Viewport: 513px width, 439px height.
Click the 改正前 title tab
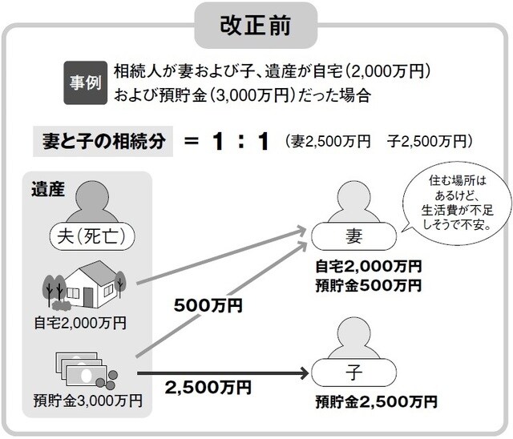[x=256, y=24]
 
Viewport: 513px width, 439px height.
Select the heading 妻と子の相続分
[x=103, y=142]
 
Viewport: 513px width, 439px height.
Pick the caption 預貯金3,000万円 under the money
[x=88, y=398]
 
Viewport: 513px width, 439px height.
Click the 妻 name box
[x=353, y=236]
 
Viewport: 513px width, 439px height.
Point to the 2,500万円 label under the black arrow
[x=208, y=388]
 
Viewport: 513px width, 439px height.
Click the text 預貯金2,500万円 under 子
[x=376, y=400]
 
